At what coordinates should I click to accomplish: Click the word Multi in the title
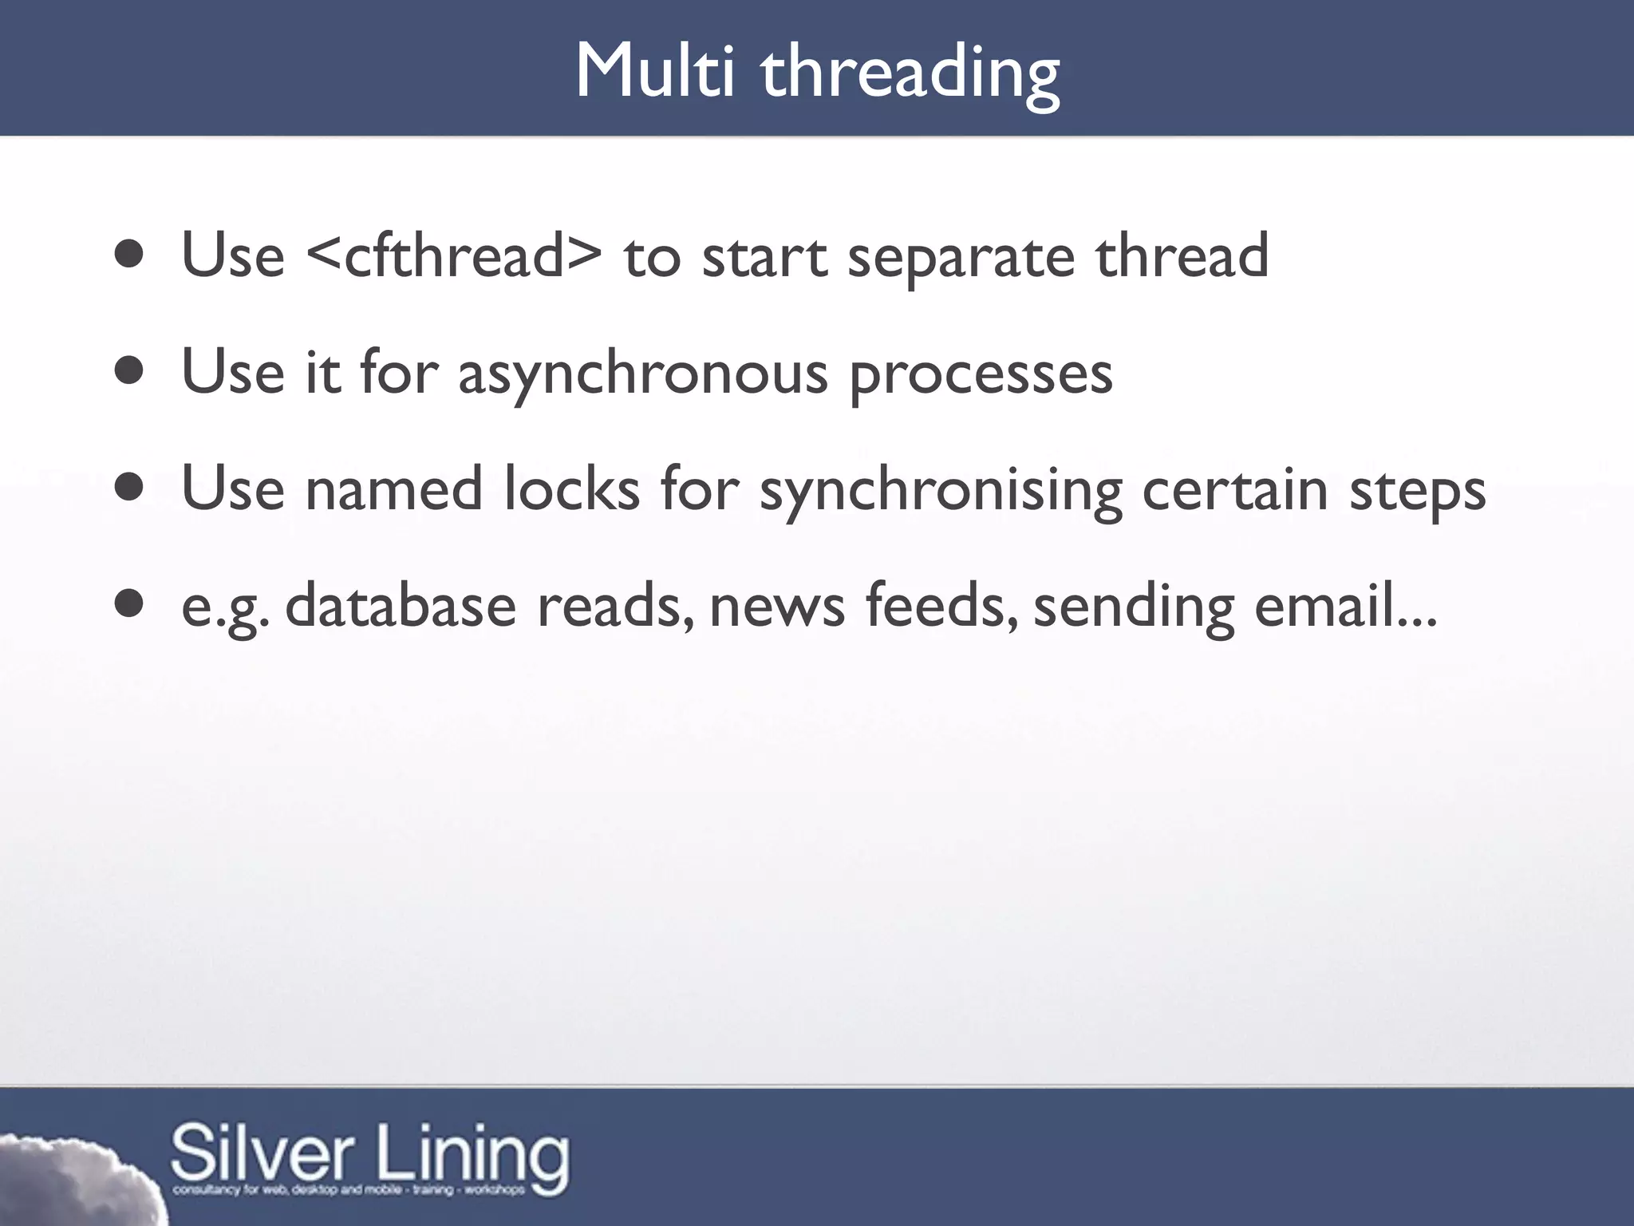[654, 72]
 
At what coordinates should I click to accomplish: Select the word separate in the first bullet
[961, 259]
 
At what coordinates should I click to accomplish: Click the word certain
[1235, 488]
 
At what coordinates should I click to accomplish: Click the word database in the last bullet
[401, 605]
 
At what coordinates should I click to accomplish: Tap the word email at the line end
[1324, 605]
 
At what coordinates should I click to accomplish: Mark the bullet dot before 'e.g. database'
[129, 605]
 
